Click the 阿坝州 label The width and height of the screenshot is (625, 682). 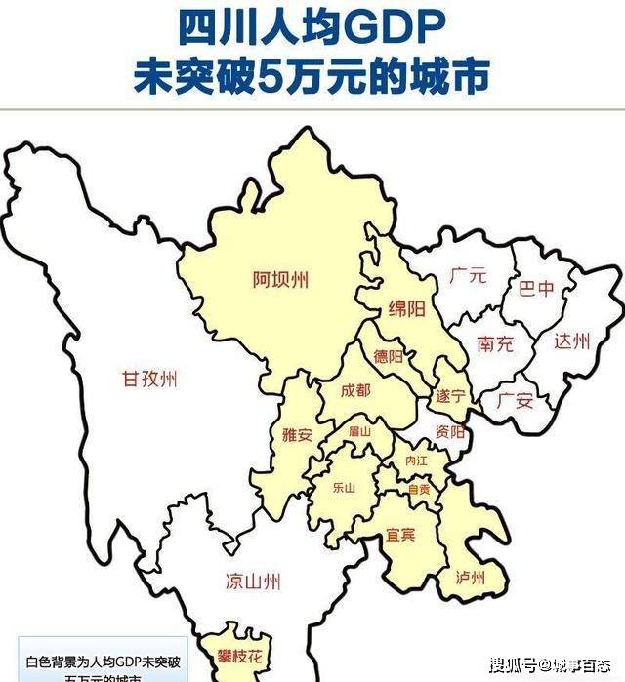pyautogui.click(x=280, y=280)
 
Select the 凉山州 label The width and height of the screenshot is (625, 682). pyautogui.click(x=253, y=582)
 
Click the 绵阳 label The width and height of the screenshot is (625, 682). pyautogui.click(x=406, y=309)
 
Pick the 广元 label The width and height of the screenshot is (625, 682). pyautogui.click(x=468, y=276)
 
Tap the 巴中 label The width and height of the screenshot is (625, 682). pyautogui.click(x=536, y=289)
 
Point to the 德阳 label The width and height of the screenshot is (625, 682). pyautogui.click(x=388, y=357)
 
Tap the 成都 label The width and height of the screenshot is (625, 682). pyautogui.click(x=355, y=390)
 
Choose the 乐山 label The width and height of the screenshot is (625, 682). pyautogui.click(x=344, y=487)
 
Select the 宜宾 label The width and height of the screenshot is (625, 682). pyautogui.click(x=400, y=534)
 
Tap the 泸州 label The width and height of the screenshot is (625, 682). pyautogui.click(x=470, y=577)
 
